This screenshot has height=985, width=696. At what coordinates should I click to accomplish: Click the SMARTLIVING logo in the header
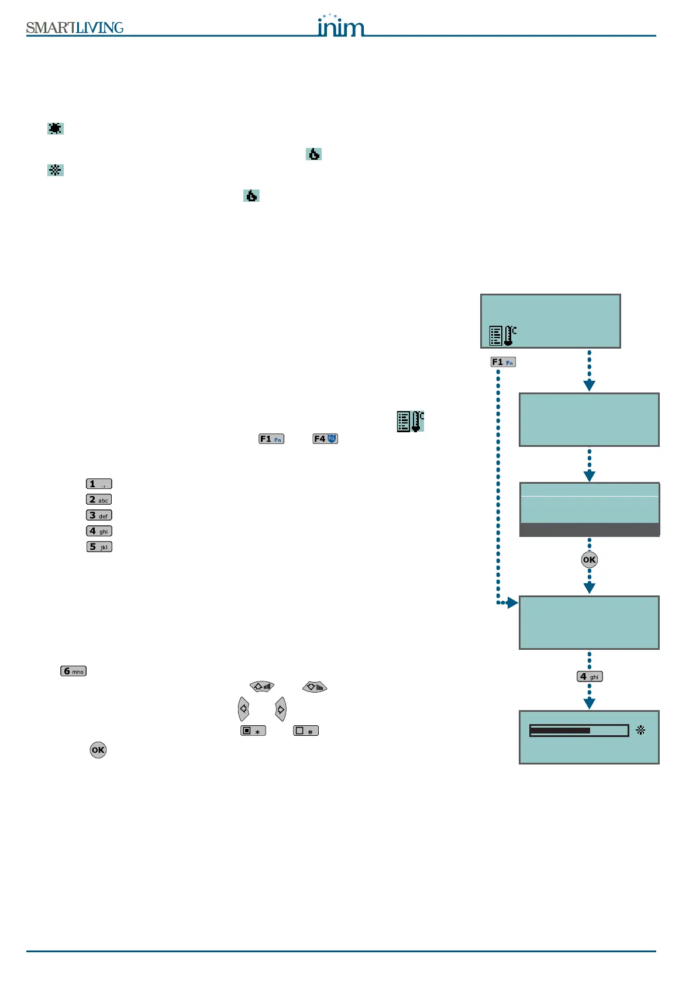click(75, 27)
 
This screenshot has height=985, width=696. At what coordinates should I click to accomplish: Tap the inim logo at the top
click(340, 26)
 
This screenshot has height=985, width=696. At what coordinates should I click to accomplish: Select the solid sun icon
click(56, 129)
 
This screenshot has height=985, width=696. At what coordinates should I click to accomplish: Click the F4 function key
click(325, 439)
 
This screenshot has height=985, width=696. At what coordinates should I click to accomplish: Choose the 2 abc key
click(99, 500)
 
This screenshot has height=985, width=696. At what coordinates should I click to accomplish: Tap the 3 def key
click(99, 515)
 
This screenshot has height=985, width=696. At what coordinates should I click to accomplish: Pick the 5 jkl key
click(99, 547)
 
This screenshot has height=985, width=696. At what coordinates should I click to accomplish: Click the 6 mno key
click(74, 671)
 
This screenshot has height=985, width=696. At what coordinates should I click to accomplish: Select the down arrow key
click(315, 687)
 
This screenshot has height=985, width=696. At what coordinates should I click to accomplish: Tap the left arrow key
click(243, 709)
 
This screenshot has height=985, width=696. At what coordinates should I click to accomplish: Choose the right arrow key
click(281, 709)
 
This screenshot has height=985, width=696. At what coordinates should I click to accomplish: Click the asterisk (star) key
click(253, 731)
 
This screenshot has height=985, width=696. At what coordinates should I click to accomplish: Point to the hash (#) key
click(306, 731)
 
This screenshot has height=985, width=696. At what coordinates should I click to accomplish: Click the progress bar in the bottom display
click(578, 731)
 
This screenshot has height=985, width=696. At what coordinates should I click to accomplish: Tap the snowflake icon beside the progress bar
click(640, 730)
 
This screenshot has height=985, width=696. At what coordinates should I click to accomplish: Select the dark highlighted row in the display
click(590, 529)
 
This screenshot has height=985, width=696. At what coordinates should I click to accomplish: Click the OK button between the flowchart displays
click(589, 560)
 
